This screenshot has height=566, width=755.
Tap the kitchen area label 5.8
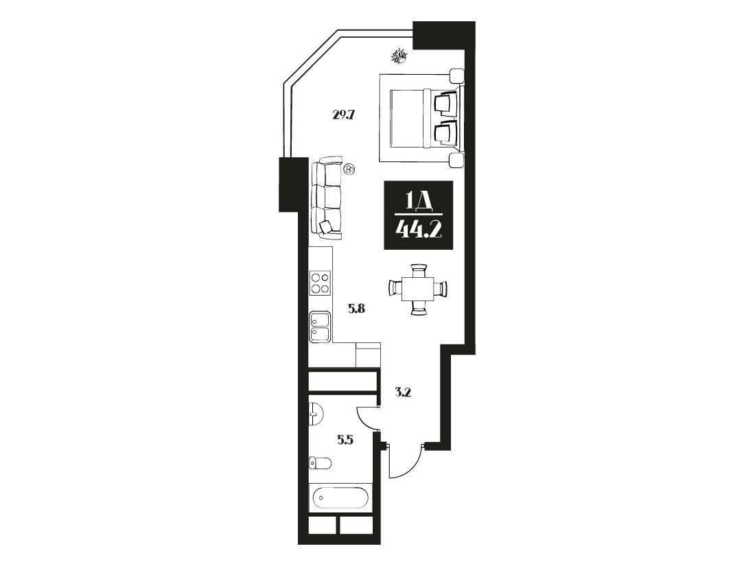point(357,308)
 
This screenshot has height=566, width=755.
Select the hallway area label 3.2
point(402,392)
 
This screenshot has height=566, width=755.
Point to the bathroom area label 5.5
point(346,439)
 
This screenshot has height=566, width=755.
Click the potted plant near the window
point(399,56)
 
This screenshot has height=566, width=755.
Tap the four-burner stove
point(321,283)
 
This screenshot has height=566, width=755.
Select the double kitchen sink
point(321,327)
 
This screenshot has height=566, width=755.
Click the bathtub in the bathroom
point(340,497)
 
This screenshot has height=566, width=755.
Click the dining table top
point(419,288)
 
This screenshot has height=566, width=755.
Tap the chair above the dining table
point(419,270)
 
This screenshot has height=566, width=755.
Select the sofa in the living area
point(326,198)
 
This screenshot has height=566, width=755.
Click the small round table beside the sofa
point(350,169)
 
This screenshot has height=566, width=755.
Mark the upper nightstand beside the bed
point(456,76)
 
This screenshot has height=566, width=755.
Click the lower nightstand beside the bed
point(456,161)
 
